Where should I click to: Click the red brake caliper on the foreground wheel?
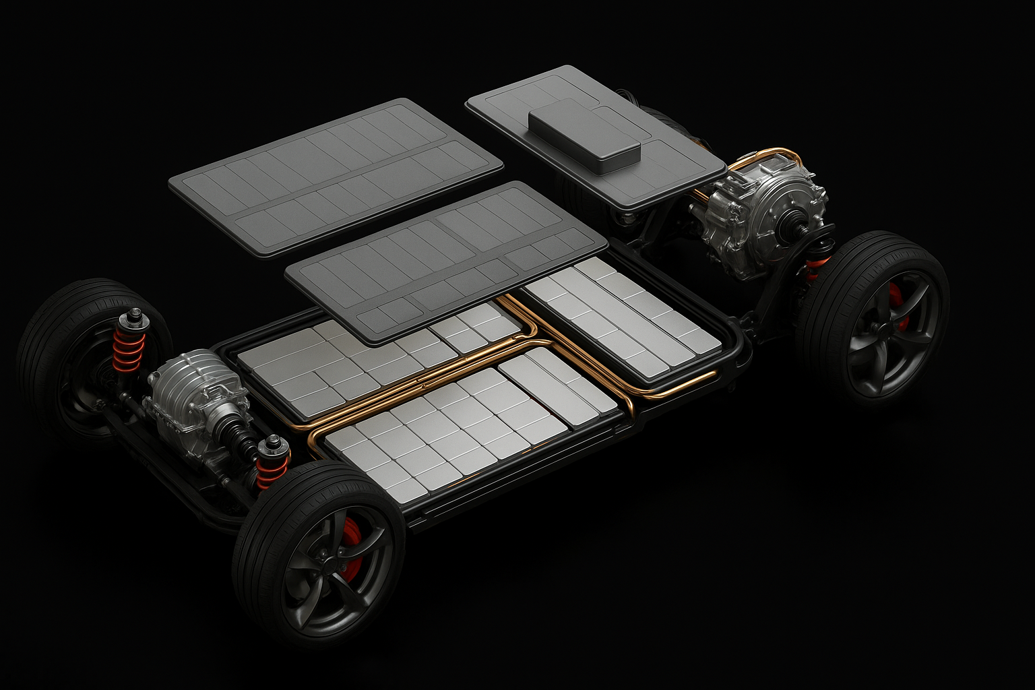(351, 547)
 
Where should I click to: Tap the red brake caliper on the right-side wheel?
(896, 307)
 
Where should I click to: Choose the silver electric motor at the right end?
(761, 216)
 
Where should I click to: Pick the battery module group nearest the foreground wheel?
(465, 425)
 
